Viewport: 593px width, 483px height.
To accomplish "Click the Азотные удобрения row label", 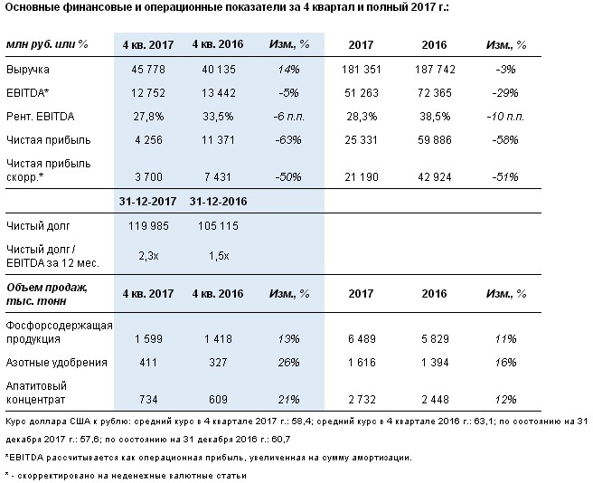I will coord(56,362).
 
